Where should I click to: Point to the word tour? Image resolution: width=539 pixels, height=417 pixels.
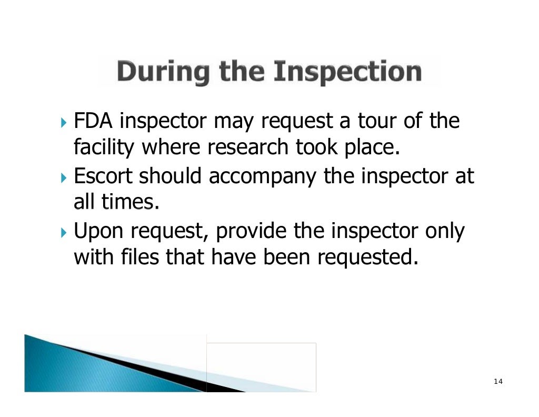pos(376,122)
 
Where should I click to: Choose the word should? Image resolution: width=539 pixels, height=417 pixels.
pos(170,176)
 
